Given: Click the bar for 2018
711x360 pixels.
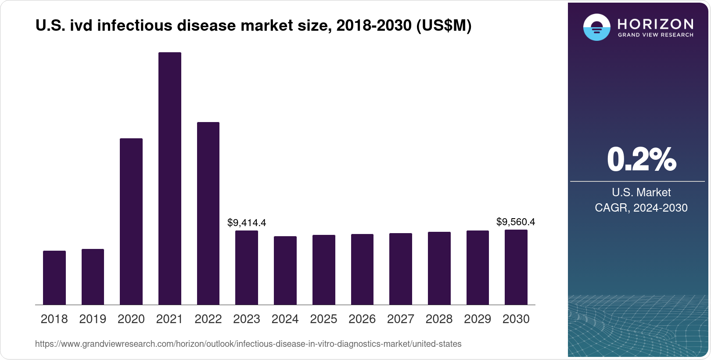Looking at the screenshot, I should click(x=54, y=277).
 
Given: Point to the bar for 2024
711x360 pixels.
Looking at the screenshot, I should click(x=285, y=270).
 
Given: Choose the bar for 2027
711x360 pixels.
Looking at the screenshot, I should click(x=401, y=269).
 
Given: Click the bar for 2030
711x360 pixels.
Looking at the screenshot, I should click(x=516, y=267).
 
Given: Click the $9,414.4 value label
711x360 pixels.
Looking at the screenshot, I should click(x=247, y=223).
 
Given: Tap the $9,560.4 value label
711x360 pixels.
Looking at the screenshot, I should click(x=516, y=222).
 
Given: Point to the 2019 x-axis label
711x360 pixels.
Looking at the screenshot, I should click(x=93, y=319).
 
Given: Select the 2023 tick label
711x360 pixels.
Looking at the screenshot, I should click(x=247, y=319).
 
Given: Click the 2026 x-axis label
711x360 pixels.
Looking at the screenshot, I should click(x=362, y=319).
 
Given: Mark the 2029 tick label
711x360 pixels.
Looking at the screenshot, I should click(x=478, y=319).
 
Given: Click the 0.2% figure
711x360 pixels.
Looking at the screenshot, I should click(x=641, y=160).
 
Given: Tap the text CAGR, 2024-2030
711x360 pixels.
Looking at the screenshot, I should click(x=641, y=208).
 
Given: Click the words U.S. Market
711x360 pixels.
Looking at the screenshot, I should click(x=641, y=192).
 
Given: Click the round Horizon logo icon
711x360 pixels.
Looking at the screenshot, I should click(x=596, y=27).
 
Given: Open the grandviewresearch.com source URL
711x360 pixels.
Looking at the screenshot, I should click(x=248, y=344).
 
